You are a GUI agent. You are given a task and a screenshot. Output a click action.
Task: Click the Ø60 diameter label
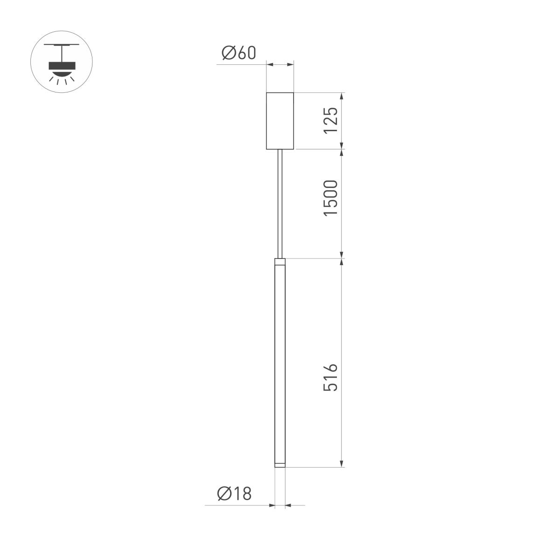point(239,53)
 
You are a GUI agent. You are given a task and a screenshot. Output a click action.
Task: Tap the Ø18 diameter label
point(234,493)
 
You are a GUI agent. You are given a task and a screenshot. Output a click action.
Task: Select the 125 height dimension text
point(330,120)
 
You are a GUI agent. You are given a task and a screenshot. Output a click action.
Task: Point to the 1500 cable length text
point(330,197)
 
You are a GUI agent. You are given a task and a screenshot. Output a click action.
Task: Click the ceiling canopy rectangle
point(280,121)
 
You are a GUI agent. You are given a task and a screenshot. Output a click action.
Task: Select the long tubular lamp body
point(280,364)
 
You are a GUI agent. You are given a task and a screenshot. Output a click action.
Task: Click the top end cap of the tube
point(280,261)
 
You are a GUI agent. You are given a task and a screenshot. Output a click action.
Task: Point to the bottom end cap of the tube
point(280,464)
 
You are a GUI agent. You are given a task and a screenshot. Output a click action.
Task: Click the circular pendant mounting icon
point(62,62)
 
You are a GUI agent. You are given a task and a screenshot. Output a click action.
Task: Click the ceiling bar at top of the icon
point(62,45)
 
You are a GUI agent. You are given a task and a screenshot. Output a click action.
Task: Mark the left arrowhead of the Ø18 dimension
point(271,505)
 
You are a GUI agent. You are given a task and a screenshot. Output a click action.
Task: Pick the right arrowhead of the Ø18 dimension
point(288,505)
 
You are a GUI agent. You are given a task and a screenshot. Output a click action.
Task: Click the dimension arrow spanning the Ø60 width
point(280,64)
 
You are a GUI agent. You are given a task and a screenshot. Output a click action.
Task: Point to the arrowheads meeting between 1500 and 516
point(342,258)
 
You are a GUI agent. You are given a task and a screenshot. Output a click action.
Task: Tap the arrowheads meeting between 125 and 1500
point(342,149)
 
